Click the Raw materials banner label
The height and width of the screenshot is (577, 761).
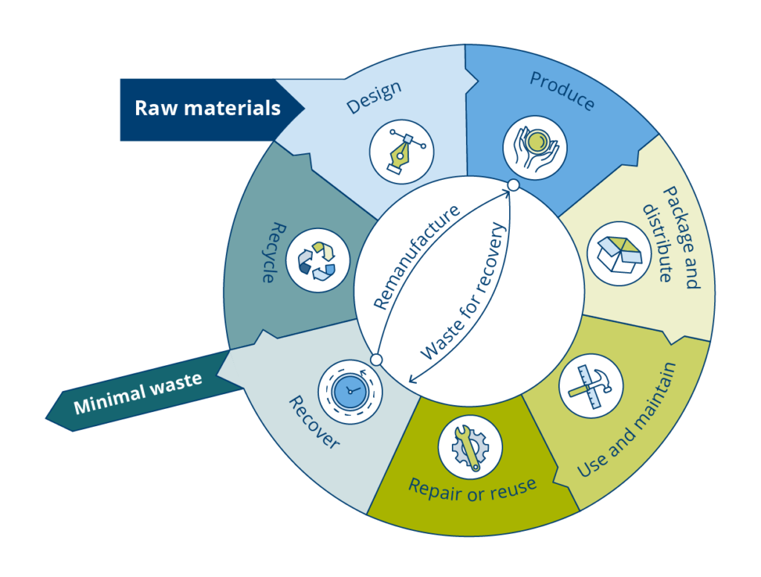[x=207, y=109]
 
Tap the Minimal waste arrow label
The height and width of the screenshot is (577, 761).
[x=138, y=393]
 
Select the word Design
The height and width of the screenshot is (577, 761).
[x=375, y=97]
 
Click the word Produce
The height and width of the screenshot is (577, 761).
[x=563, y=90]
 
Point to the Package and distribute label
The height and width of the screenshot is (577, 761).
[x=670, y=236]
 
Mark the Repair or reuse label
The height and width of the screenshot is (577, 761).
[x=472, y=488]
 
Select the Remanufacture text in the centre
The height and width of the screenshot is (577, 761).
[x=416, y=256]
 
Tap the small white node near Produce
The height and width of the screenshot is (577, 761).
[x=512, y=185]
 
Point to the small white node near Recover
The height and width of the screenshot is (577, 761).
[x=376, y=360]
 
